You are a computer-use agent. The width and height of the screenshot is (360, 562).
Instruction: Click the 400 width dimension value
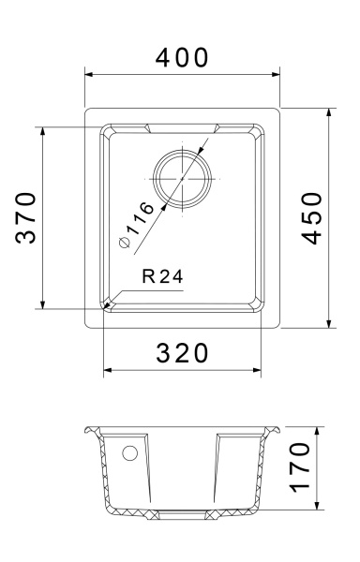(182, 58)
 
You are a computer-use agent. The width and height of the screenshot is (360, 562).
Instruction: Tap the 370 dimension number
(27, 217)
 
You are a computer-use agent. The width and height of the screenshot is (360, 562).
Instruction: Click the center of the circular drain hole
(182, 177)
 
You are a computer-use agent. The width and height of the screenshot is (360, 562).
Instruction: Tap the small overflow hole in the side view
(129, 454)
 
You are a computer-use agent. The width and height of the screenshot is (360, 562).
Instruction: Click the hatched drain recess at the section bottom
(182, 512)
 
